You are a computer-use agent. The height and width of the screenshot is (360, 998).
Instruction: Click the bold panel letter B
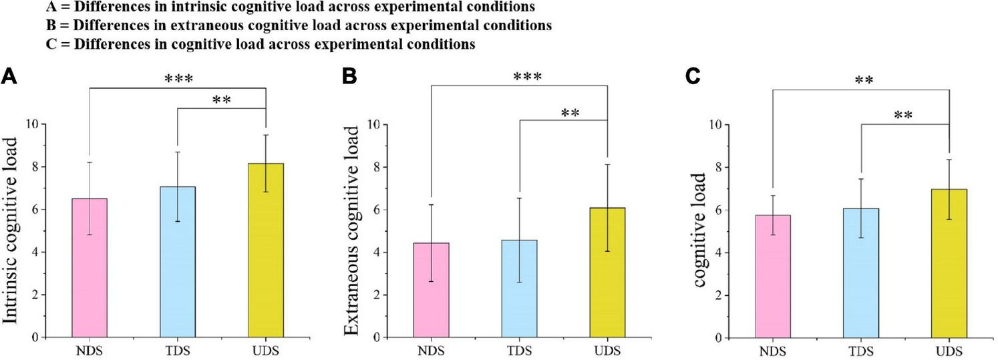pyautogui.click(x=348, y=77)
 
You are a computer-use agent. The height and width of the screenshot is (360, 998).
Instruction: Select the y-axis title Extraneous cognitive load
pyautogui.click(x=355, y=230)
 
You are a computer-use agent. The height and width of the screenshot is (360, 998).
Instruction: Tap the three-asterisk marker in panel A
pyautogui.click(x=178, y=79)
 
